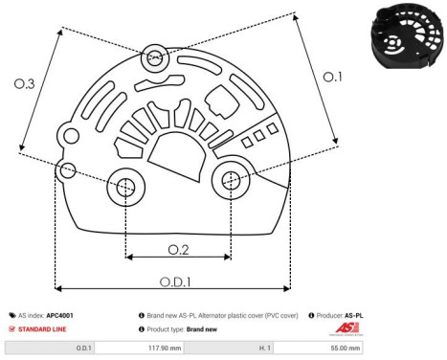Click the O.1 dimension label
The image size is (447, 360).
tap(331, 78)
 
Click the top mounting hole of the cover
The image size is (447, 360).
tap(152, 59)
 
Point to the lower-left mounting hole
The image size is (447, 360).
tap(125, 188)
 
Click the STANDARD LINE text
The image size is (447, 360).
tap(45, 328)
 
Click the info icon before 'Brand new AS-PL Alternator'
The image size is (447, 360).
tap(142, 314)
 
